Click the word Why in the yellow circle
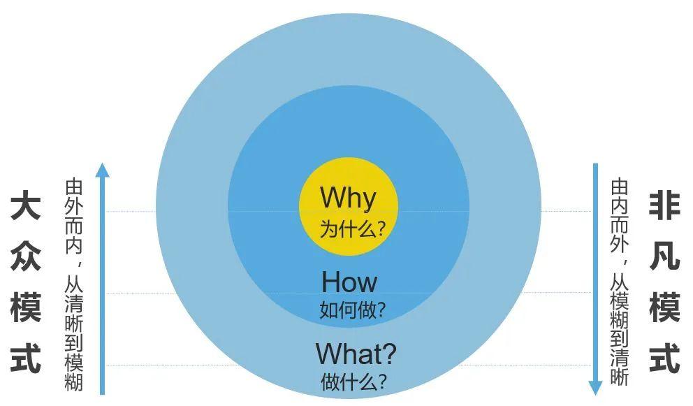tap(349, 197)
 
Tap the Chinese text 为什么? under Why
tap(353, 229)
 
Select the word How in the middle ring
tap(349, 282)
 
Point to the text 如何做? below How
tap(353, 310)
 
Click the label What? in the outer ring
tap(356, 354)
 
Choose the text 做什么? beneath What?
tap(353, 382)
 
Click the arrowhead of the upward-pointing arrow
tap(102, 170)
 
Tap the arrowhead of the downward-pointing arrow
tap(595, 387)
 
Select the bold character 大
tap(26, 205)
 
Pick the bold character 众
tap(26, 256)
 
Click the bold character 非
tap(665, 205)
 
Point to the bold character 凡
tap(665, 256)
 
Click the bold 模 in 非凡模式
tap(665, 307)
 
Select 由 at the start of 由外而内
tap(74, 187)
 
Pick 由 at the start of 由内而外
tap(620, 187)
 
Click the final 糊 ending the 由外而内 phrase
tap(74, 382)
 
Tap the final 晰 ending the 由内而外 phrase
tap(620, 377)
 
